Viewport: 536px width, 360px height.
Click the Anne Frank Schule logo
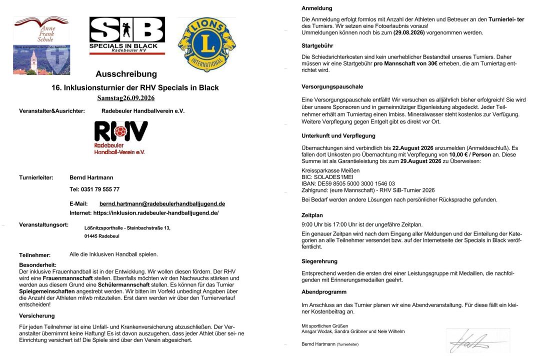[41, 45]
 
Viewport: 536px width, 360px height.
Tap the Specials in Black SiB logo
[126, 36]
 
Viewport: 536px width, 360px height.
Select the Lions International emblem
[206, 44]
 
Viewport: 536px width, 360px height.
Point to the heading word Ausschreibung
[126, 74]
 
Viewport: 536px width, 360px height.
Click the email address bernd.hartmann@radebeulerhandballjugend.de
[162, 203]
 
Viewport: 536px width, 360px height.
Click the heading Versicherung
[37, 315]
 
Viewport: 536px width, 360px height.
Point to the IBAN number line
[348, 183]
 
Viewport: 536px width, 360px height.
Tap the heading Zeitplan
[312, 215]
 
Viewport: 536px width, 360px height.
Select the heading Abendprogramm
[324, 291]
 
